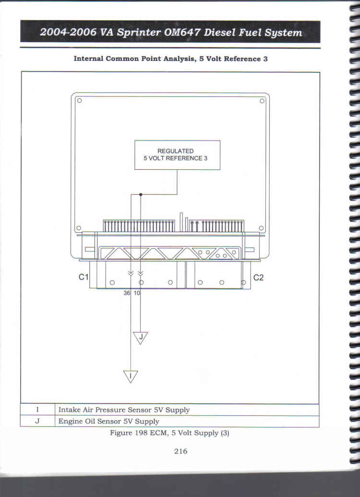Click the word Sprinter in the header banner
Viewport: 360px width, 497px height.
click(138, 33)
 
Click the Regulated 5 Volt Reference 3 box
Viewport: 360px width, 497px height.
click(177, 155)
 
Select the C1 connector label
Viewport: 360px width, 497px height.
click(84, 277)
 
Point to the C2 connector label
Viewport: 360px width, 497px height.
click(258, 278)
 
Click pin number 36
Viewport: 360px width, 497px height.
click(127, 293)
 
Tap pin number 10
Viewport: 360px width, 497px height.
click(136, 293)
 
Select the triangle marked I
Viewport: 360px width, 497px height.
click(131, 376)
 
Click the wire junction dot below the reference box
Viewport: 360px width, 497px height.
click(141, 195)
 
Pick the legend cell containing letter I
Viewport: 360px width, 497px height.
click(37, 410)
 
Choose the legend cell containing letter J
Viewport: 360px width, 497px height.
click(37, 421)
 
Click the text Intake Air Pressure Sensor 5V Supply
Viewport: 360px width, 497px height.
click(124, 410)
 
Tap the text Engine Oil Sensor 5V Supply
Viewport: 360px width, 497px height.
click(109, 422)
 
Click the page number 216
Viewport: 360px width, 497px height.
click(180, 451)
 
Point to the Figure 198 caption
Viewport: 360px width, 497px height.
click(170, 433)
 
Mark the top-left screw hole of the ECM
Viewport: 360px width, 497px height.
click(79, 100)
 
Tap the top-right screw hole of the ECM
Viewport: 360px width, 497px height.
click(262, 101)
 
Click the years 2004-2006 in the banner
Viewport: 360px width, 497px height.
click(68, 32)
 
